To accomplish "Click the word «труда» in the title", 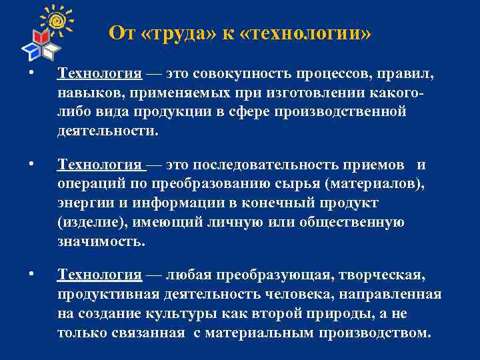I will [174, 33].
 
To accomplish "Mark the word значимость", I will [100, 241].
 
